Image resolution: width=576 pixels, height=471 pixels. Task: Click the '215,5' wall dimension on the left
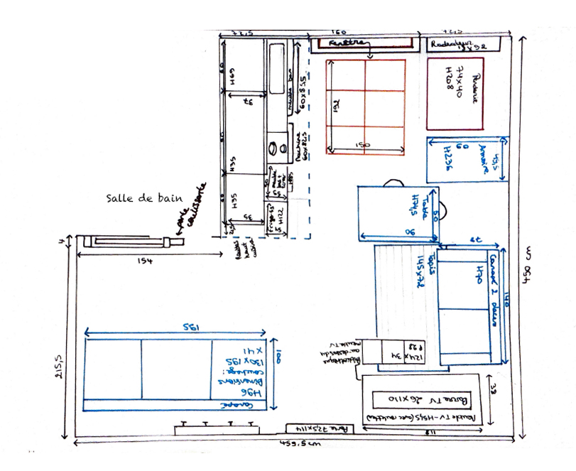(59, 367)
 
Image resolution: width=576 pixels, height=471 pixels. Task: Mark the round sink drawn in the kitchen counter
(273, 148)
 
